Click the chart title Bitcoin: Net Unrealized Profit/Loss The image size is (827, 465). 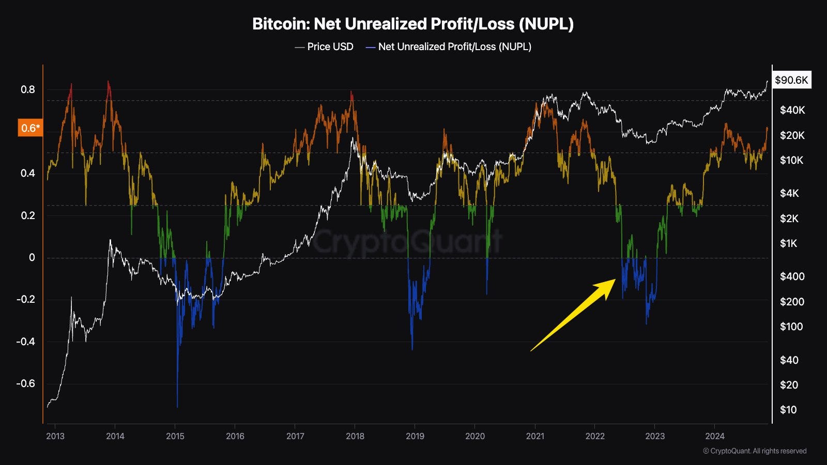(x=412, y=24)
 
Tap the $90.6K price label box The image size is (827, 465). (x=791, y=80)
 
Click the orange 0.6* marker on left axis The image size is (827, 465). (x=30, y=128)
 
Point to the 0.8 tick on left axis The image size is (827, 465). (x=28, y=89)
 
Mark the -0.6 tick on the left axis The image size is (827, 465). (x=26, y=383)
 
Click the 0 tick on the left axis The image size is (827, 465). (x=32, y=257)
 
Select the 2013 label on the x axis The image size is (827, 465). (x=55, y=436)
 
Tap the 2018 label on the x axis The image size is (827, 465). (x=355, y=436)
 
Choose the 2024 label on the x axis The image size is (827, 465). (x=715, y=436)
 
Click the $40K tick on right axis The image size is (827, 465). (x=792, y=110)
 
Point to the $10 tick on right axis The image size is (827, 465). (x=788, y=410)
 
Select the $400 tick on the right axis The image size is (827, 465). (x=792, y=276)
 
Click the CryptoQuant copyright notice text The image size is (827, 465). (x=755, y=451)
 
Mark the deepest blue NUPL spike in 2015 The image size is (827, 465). (x=177, y=406)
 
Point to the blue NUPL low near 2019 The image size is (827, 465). (x=412, y=349)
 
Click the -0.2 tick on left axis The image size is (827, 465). (x=26, y=300)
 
